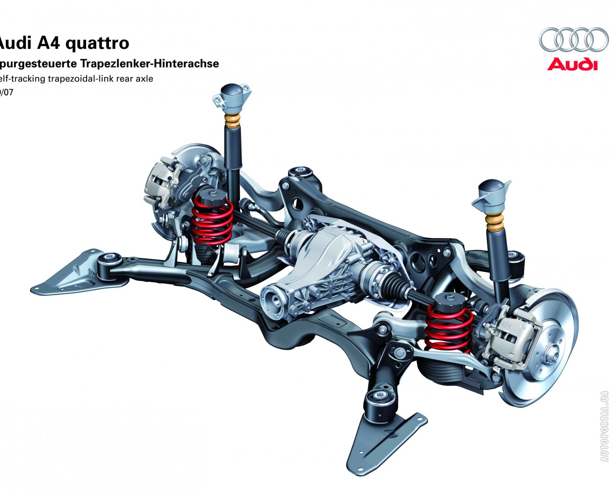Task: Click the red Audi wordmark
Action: pyautogui.click(x=572, y=64)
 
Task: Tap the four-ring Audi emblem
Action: pyautogui.click(x=573, y=39)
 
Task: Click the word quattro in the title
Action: pyautogui.click(x=97, y=43)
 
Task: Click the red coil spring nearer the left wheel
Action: pyautogui.click(x=212, y=221)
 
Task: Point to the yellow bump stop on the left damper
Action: pyautogui.click(x=233, y=122)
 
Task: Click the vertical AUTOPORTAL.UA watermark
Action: pyautogui.click(x=604, y=426)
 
